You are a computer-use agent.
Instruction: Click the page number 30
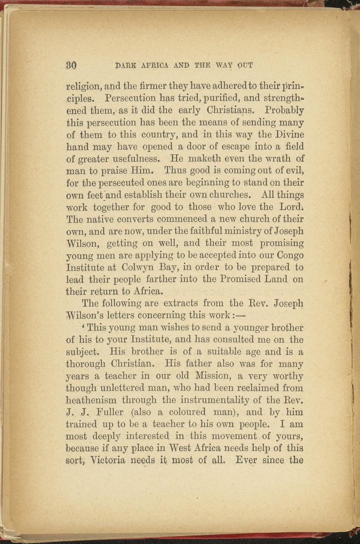(x=71, y=65)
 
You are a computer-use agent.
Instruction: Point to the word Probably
(x=284, y=110)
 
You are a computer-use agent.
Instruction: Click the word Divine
(x=287, y=134)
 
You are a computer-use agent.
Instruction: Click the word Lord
(x=291, y=207)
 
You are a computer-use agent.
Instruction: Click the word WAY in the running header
(x=225, y=65)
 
